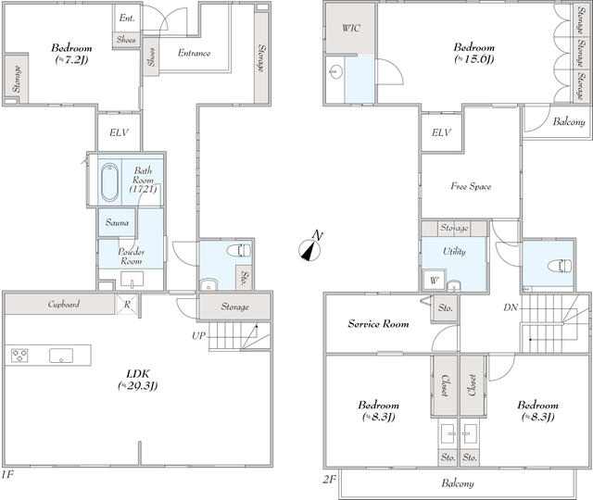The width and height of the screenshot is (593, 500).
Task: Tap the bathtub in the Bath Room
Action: (109, 182)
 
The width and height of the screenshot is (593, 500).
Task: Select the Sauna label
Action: (118, 222)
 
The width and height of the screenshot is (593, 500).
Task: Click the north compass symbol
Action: (311, 247)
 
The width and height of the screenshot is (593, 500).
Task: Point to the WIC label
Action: (351, 28)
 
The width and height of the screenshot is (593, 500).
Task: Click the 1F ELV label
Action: (119, 132)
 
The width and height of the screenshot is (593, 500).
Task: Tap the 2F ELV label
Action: (441, 132)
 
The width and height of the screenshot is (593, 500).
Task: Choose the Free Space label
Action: (471, 186)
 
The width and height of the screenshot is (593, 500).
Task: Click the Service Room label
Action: (378, 323)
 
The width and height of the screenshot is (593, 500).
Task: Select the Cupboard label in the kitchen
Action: (64, 304)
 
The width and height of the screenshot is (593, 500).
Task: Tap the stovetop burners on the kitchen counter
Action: (19, 356)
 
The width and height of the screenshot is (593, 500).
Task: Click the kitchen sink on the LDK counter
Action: (61, 356)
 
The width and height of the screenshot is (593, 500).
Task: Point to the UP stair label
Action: (199, 335)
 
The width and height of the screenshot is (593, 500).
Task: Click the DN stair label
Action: (511, 307)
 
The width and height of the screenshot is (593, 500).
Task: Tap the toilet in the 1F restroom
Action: (239, 250)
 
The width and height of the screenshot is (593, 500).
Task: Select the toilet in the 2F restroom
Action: (560, 266)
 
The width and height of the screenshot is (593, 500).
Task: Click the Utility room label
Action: (454, 251)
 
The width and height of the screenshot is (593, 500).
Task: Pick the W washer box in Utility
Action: (435, 280)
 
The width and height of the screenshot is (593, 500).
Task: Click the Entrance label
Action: (194, 53)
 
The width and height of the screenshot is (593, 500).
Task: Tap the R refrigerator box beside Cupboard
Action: (128, 305)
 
